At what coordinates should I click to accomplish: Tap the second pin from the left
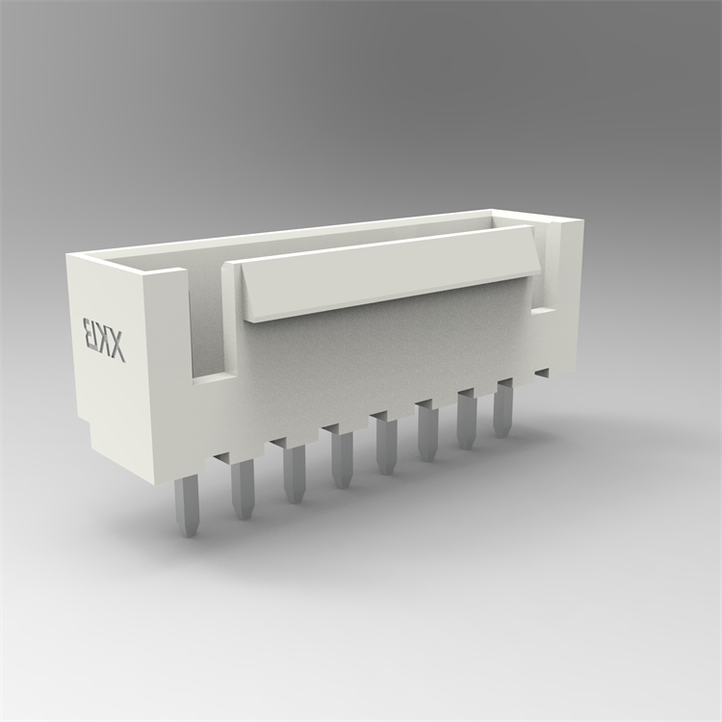coord(242,488)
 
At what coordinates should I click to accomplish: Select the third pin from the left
coord(294,474)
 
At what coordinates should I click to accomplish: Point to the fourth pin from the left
coord(341,459)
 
